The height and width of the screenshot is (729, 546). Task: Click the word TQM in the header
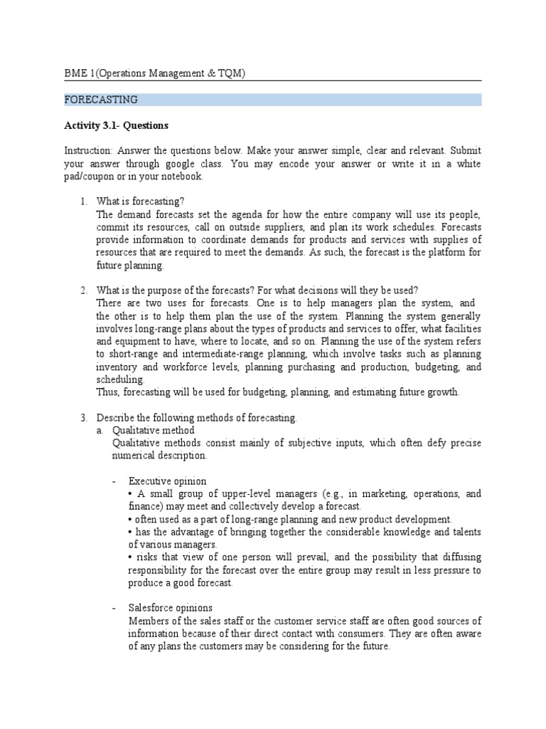point(227,73)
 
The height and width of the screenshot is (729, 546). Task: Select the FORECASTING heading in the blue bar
point(101,100)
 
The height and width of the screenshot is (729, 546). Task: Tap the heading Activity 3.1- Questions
point(116,126)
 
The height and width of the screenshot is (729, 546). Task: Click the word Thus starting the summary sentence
point(107,392)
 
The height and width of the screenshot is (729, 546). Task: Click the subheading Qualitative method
point(153,430)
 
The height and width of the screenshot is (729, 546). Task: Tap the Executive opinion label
point(167,481)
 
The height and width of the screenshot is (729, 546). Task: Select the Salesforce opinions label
point(170,608)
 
